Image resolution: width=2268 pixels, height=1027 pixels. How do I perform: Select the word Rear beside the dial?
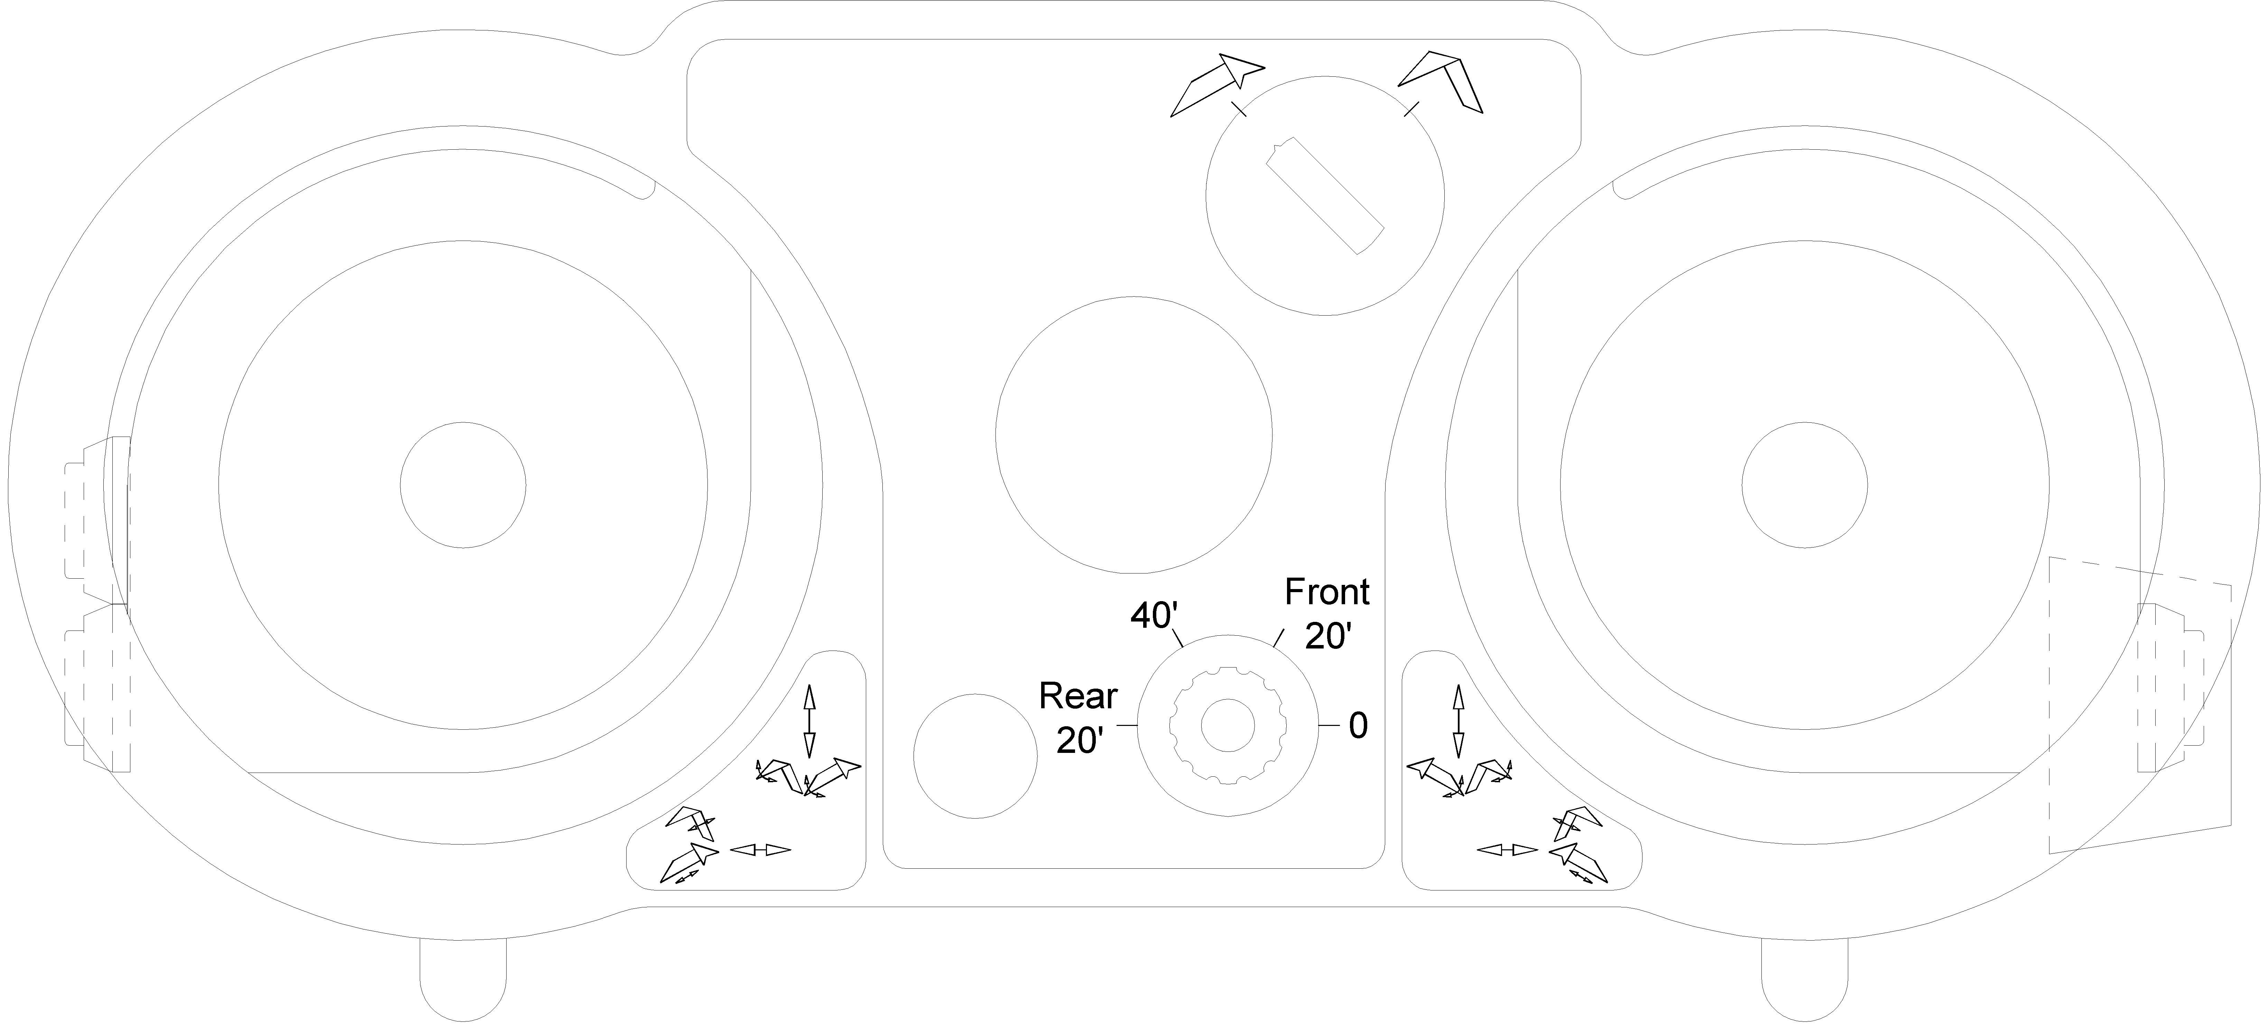[x=1078, y=696]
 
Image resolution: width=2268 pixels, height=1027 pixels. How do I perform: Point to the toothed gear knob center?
[x=1227, y=726]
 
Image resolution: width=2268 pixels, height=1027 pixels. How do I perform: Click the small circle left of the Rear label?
[x=975, y=756]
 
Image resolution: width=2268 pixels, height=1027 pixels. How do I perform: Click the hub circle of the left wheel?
[x=463, y=485]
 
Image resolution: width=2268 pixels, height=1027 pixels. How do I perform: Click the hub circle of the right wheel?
[x=1805, y=485]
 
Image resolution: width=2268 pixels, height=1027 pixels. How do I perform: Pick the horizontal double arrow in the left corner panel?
[x=761, y=849]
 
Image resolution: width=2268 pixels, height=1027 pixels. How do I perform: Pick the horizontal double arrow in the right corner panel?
[x=1507, y=849]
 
